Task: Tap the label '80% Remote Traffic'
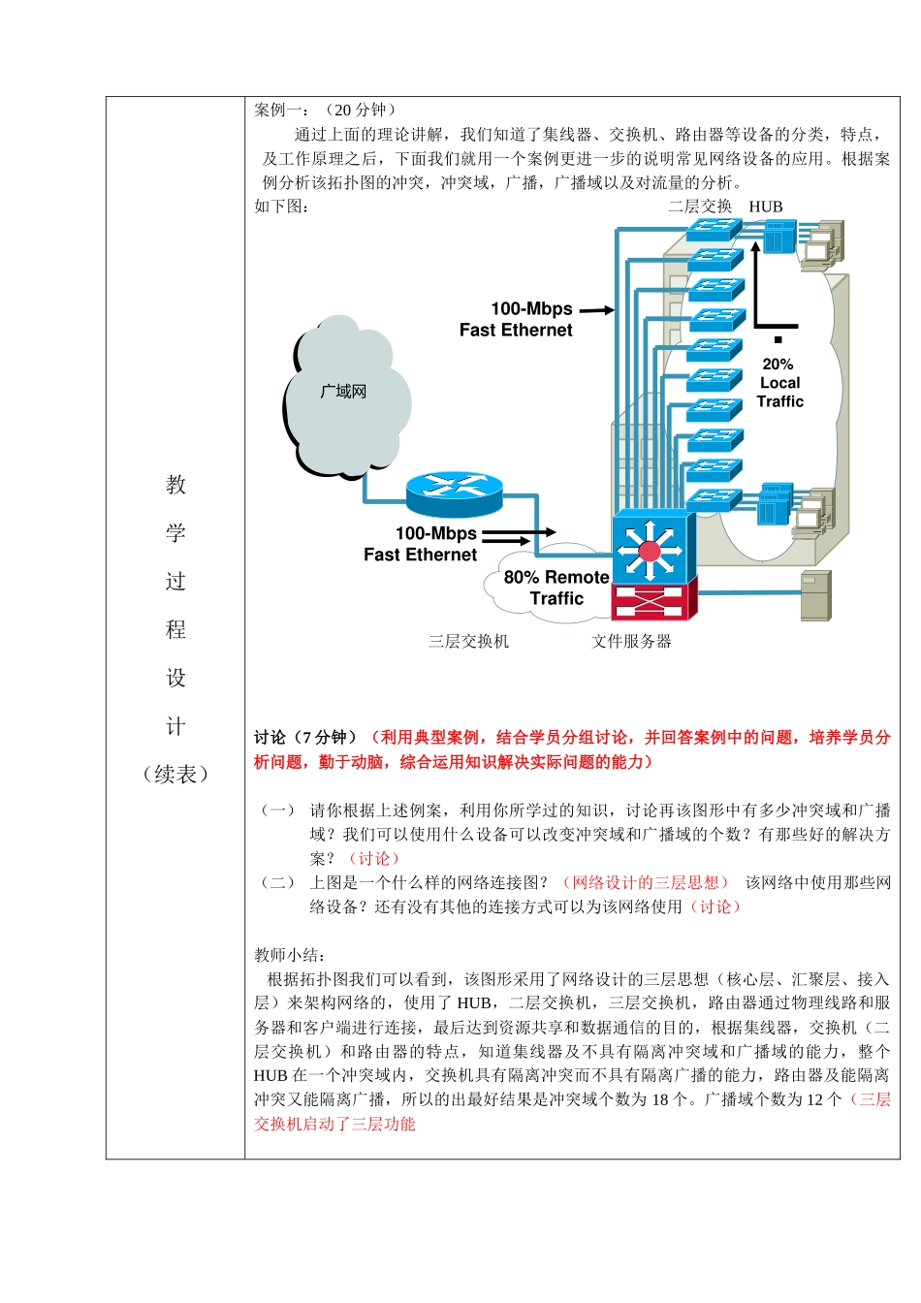coord(556,588)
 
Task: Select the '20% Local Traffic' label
coord(779,383)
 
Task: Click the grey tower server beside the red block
coord(815,595)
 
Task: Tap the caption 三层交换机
coord(468,642)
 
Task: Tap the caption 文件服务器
coord(631,642)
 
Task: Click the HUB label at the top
coord(765,207)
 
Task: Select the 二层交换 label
coord(700,207)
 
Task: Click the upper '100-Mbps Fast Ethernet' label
coord(517,319)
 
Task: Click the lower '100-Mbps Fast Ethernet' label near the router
coord(422,544)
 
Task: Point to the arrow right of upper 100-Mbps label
coord(597,310)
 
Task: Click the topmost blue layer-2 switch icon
coord(715,229)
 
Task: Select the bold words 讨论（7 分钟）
coord(307,738)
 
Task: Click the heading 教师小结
coord(290,955)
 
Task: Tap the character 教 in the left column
coord(175,485)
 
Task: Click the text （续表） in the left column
coord(175,775)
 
